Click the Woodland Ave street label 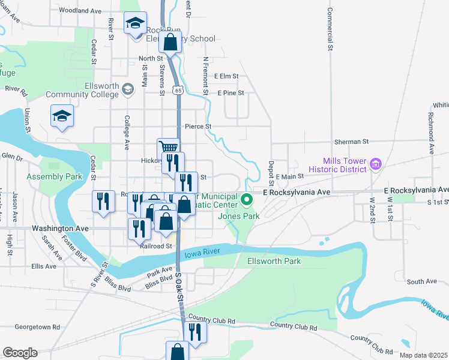click(x=80, y=11)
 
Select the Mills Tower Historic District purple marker click(x=376, y=163)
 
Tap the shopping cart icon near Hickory click(x=169, y=147)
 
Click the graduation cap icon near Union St click(x=62, y=116)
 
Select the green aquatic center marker click(x=246, y=197)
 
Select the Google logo click(x=20, y=353)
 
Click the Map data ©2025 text click(x=423, y=355)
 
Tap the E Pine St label click(x=231, y=93)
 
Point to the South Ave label click(x=421, y=281)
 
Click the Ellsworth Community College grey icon click(x=127, y=89)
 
